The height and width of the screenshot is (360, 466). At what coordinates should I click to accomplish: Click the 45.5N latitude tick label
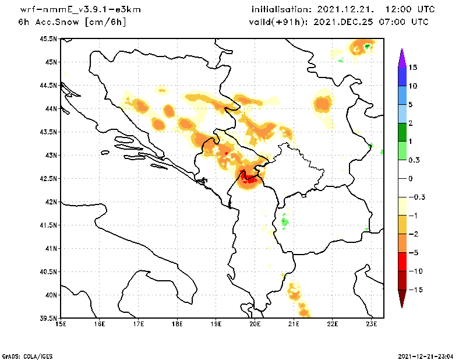click(48, 39)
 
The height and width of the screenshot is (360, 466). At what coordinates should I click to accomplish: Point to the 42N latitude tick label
click(50, 202)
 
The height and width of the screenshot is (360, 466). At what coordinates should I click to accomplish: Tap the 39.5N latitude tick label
click(48, 319)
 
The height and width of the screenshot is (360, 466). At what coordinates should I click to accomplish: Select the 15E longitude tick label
click(60, 324)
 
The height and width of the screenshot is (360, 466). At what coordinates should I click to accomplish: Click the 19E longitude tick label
click(216, 324)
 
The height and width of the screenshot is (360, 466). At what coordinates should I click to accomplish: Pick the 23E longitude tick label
click(372, 324)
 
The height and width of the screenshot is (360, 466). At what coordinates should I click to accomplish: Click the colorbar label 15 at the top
click(412, 68)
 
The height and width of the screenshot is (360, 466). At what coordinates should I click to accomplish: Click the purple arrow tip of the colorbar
click(402, 55)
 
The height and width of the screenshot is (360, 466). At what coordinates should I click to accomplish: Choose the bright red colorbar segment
click(402, 262)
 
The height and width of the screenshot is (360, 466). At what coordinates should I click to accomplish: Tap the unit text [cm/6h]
click(105, 22)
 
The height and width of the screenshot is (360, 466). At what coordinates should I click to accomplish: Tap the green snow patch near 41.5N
click(285, 221)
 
